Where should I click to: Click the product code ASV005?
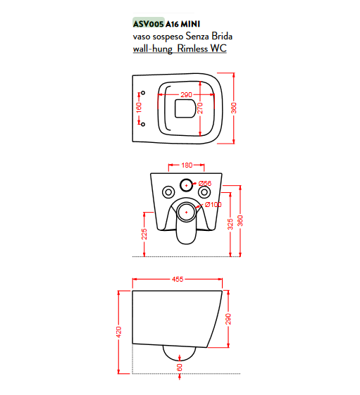pyautogui.click(x=149, y=24)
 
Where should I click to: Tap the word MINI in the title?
pyautogui.click(x=191, y=24)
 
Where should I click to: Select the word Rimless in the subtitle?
pyautogui.click(x=193, y=49)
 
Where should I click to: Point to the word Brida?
pyautogui.click(x=222, y=37)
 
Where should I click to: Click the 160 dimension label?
pyautogui.click(x=139, y=108)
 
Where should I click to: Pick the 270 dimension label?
pyautogui.click(x=200, y=108)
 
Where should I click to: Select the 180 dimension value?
pyautogui.click(x=187, y=165)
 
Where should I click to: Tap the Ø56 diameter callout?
pyautogui.click(x=205, y=183)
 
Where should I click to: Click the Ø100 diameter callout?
pyautogui.click(x=213, y=205)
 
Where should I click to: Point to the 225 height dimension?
pyautogui.click(x=144, y=234)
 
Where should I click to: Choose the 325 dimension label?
pyautogui.click(x=230, y=224)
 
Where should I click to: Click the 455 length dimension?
pyautogui.click(x=178, y=279)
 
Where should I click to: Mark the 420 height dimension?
pyautogui.click(x=119, y=332)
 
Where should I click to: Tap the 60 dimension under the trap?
pyautogui.click(x=180, y=368)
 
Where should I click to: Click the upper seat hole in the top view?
pyautogui.click(x=143, y=93)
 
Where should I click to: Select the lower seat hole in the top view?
pyautogui.click(x=143, y=124)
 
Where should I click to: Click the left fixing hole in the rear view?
pyautogui.click(x=168, y=192)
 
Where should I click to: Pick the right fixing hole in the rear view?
pyautogui.click(x=204, y=192)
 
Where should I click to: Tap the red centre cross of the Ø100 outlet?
pyautogui.click(x=186, y=213)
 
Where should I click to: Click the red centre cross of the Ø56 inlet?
pyautogui.click(x=186, y=185)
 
